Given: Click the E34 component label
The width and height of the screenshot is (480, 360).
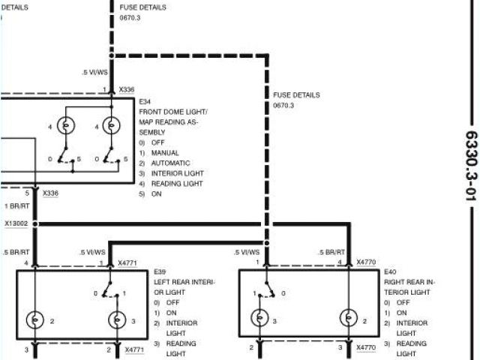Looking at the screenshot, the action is (145, 100).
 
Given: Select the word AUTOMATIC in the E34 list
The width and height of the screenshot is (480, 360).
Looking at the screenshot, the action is (171, 163).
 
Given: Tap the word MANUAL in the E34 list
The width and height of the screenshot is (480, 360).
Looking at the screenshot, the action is (165, 152).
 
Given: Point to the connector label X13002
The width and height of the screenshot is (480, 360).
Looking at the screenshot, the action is (16, 223).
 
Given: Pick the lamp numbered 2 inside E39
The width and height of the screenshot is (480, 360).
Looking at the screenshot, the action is (36, 320).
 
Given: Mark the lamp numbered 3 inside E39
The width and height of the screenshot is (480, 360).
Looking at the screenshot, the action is (116, 320).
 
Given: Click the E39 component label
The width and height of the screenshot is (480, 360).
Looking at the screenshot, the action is (159, 272).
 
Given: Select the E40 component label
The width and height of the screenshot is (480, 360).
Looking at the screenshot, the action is (390, 272).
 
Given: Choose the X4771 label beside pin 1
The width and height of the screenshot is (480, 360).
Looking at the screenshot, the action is (127, 263).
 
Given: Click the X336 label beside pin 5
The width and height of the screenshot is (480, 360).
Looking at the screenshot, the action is (50, 193).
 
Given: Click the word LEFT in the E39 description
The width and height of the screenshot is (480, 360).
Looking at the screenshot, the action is (162, 282).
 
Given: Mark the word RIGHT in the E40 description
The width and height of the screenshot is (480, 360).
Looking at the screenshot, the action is (395, 282).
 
